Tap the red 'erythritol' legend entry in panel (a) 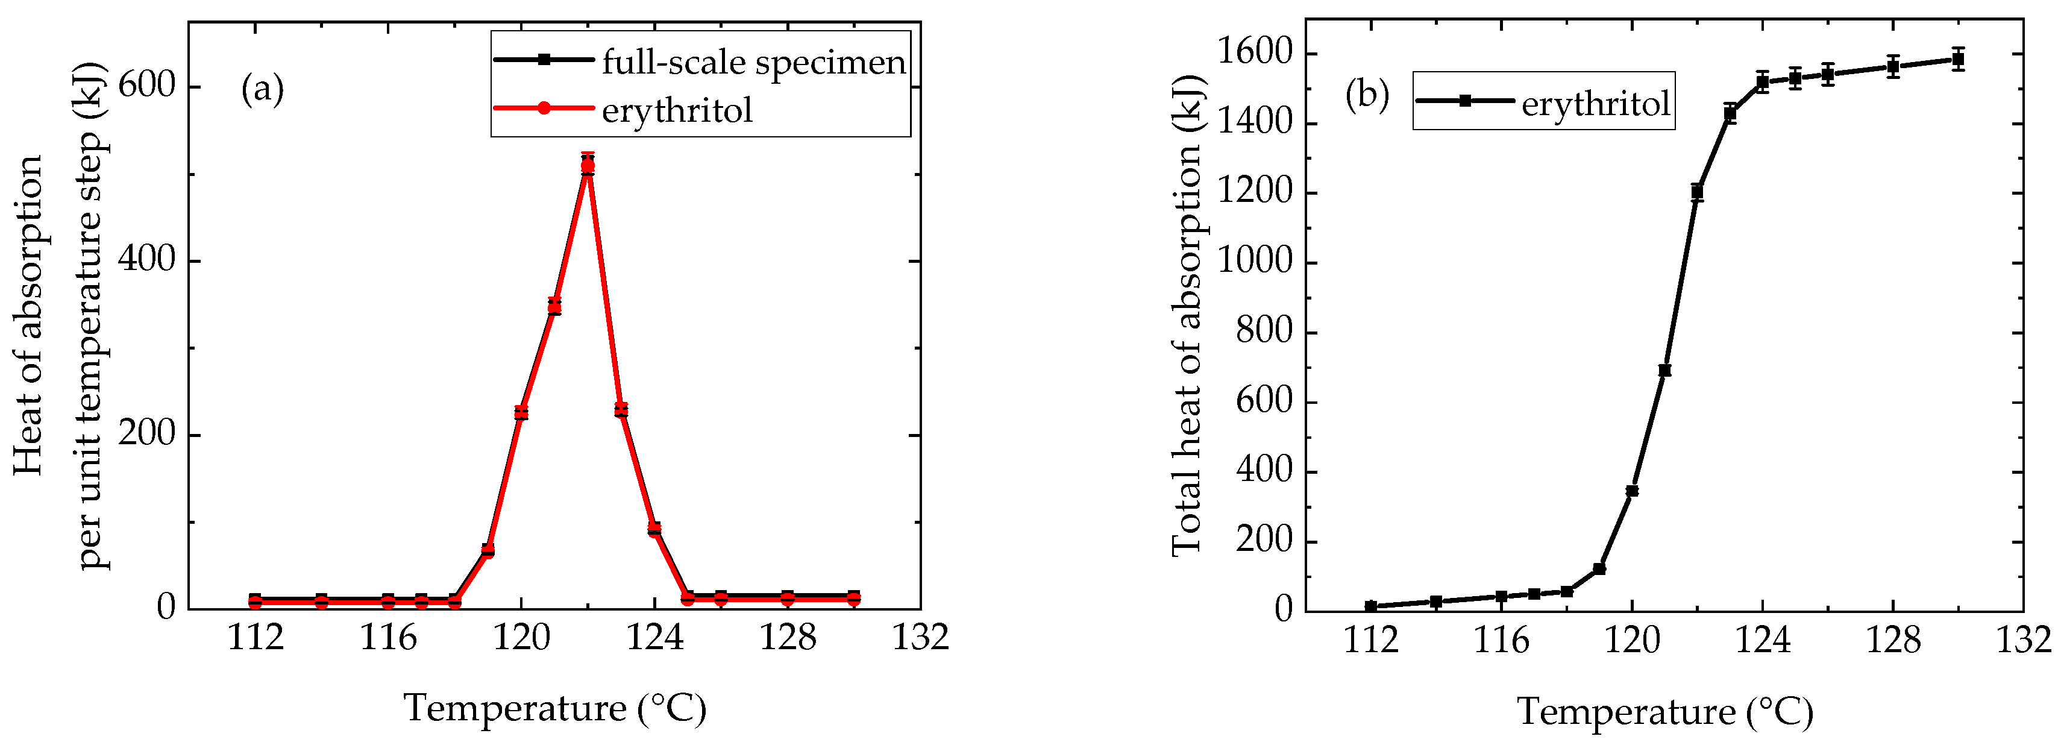[x=676, y=110]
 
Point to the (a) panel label [x=262, y=89]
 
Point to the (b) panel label [x=1367, y=95]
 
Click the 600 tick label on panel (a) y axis [x=146, y=85]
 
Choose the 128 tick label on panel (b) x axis [x=1893, y=640]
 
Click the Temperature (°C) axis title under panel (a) [x=554, y=708]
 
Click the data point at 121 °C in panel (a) [x=554, y=306]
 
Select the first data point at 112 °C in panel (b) [x=1370, y=606]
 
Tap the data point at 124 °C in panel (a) [x=654, y=529]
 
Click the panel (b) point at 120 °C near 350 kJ [x=1632, y=491]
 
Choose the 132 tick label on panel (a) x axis [x=920, y=638]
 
